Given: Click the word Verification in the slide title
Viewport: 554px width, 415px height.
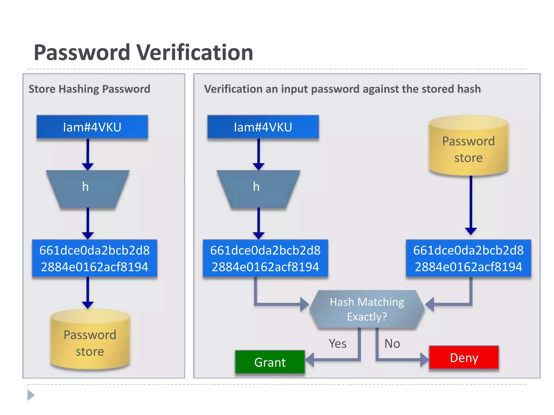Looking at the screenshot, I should point(195,53).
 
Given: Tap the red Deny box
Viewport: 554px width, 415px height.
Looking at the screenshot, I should point(464,357).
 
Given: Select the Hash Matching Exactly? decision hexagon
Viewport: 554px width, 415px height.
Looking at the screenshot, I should point(367,309).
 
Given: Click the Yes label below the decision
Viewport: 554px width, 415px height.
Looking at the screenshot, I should point(338,344).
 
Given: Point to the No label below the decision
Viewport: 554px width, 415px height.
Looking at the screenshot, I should point(392,344).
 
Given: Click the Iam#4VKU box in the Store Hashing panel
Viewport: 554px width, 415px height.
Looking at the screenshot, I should point(92,127).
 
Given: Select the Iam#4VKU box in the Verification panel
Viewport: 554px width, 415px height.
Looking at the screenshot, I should point(263,127).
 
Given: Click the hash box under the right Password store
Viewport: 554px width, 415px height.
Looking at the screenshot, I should point(468,258).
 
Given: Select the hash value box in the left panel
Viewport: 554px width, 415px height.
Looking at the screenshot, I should point(94,258).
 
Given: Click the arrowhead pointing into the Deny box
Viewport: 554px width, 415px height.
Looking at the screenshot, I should point(424,360).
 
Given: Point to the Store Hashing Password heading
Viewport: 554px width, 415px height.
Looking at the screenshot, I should point(89,89).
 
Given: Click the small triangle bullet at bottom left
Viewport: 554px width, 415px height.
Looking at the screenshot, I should point(31,395).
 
